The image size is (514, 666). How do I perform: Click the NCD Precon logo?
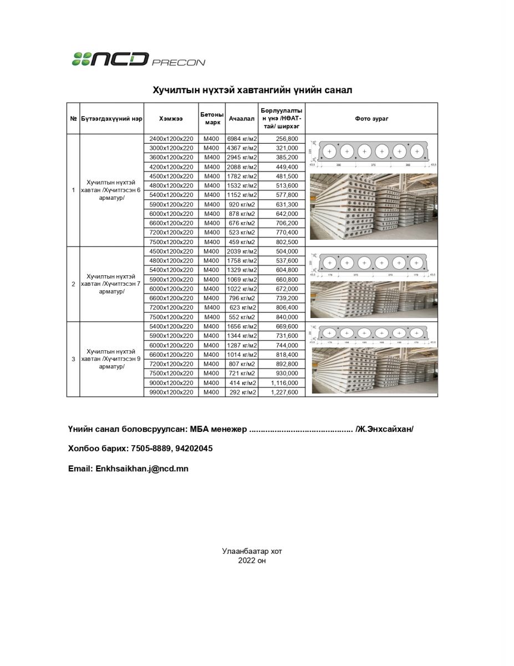click(x=138, y=59)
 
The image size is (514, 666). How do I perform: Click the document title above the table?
click(x=252, y=90)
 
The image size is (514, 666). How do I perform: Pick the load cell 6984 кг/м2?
click(x=242, y=139)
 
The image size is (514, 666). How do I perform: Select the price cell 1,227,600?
click(x=285, y=392)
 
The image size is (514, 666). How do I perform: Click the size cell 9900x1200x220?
click(x=171, y=392)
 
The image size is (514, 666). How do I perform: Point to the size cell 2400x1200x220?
click(x=171, y=139)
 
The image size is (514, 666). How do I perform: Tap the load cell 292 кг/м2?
click(x=242, y=392)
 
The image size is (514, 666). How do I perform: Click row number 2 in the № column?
click(x=73, y=284)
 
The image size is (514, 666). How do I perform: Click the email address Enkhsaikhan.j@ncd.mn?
click(x=141, y=468)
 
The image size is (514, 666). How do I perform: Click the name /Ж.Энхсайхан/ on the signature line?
click(x=385, y=430)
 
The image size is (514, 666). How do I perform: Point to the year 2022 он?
click(x=252, y=561)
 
